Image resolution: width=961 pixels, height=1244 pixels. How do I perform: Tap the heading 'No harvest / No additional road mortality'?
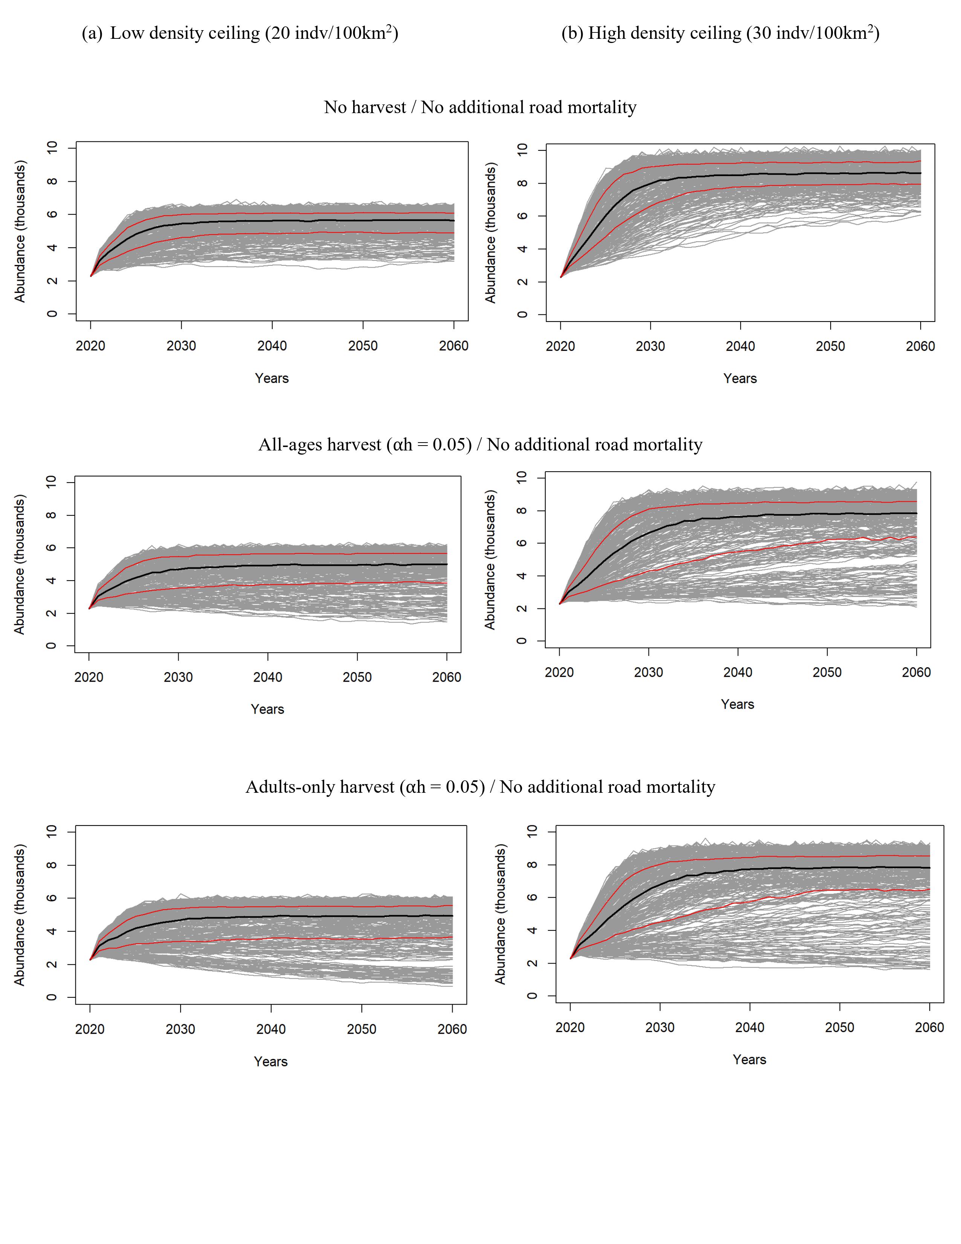tap(480, 107)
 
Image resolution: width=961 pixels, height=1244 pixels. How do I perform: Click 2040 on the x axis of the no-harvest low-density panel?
tap(272, 346)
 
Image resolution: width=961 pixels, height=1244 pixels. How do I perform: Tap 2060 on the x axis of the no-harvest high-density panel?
tap(920, 346)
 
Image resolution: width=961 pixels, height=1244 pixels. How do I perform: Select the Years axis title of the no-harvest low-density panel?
tap(272, 378)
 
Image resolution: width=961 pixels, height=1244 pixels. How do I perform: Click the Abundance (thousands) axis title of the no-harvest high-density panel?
tap(490, 232)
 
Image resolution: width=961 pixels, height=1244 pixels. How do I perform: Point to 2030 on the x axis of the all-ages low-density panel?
tap(178, 677)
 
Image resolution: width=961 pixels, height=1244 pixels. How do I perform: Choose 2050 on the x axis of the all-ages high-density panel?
tap(826, 672)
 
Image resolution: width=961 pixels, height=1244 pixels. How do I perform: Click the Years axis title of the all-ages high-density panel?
tap(737, 704)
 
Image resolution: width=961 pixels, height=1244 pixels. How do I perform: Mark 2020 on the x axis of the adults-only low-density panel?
tap(90, 1029)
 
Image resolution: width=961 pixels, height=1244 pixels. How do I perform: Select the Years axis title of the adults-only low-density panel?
tap(271, 1062)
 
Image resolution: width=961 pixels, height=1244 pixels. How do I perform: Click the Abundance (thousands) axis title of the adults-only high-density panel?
tap(500, 914)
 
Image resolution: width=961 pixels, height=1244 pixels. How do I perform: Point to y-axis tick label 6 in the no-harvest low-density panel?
tap(52, 214)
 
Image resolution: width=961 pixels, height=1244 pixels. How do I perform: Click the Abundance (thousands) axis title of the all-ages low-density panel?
tap(20, 564)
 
